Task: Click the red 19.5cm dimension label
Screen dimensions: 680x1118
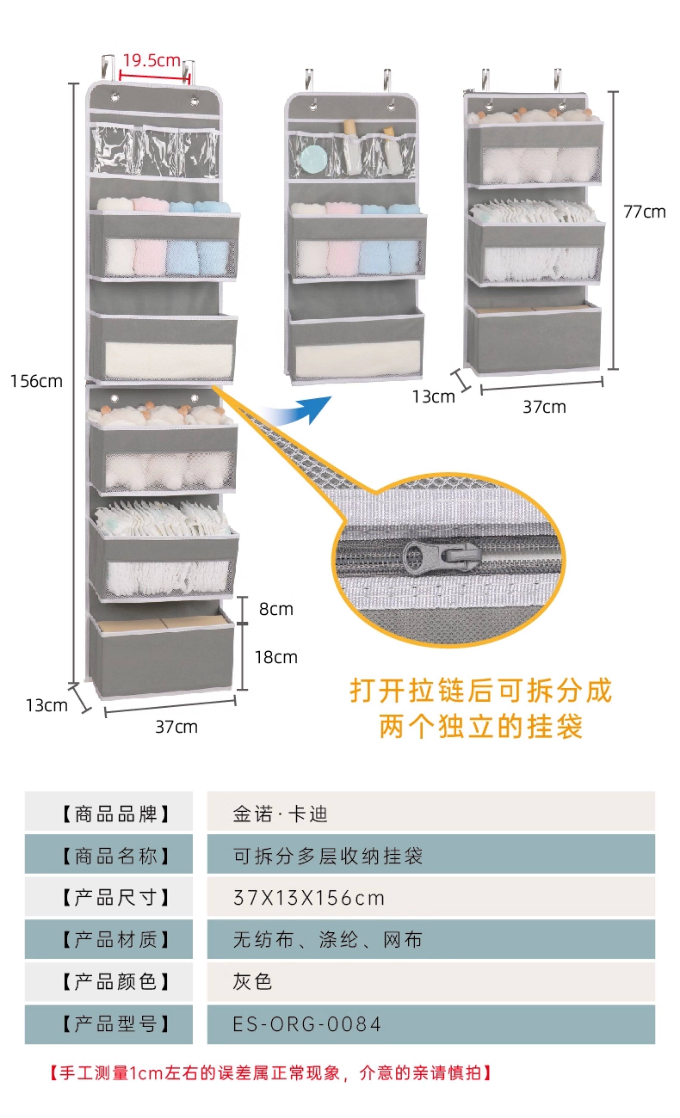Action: (x=152, y=60)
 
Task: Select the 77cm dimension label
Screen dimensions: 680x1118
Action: (x=644, y=212)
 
